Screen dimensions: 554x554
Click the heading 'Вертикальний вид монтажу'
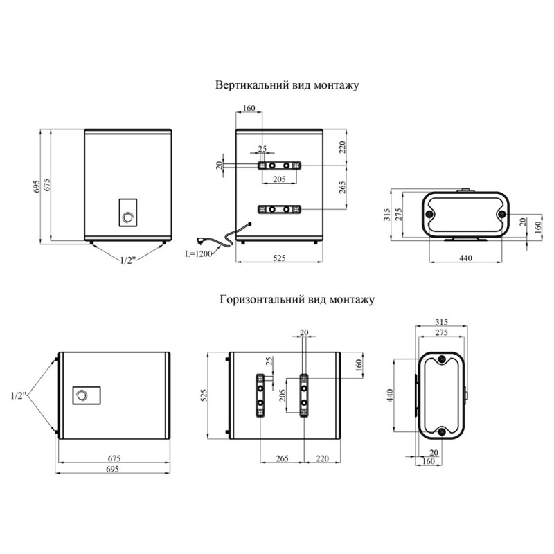pyautogui.click(x=287, y=85)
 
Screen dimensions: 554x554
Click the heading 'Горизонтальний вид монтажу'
pyautogui.click(x=297, y=300)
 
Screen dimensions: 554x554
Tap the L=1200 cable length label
pyautogui.click(x=199, y=253)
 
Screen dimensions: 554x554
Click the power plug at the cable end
pyautogui.click(x=202, y=241)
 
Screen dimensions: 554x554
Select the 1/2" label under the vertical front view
pyautogui.click(x=128, y=260)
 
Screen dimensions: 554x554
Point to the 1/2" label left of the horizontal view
pyautogui.click(x=19, y=395)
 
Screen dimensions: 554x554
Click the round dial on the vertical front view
pyautogui.click(x=127, y=217)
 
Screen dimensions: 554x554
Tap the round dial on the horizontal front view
pyautogui.click(x=82, y=395)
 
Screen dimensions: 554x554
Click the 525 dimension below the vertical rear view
pyautogui.click(x=279, y=258)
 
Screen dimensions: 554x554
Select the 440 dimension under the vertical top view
pyautogui.click(x=465, y=258)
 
